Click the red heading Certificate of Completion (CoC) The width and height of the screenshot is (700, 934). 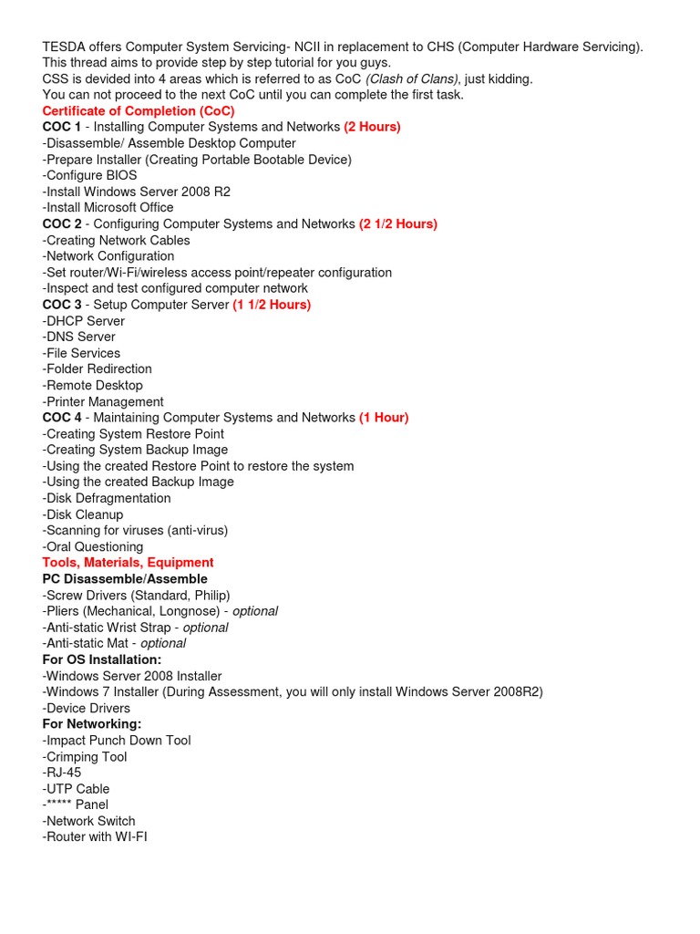click(x=139, y=111)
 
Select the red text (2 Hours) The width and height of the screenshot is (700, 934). click(x=372, y=127)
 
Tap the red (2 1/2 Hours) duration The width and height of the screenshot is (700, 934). click(x=398, y=223)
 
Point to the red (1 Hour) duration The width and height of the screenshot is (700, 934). click(x=384, y=418)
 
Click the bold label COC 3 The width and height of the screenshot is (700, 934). click(x=62, y=305)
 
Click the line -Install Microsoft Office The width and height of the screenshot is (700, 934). click(x=108, y=208)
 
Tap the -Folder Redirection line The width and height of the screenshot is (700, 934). click(x=97, y=369)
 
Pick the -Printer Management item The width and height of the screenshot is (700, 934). click(x=103, y=401)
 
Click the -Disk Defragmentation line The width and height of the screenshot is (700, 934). click(x=107, y=498)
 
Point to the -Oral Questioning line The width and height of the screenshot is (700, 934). click(x=93, y=546)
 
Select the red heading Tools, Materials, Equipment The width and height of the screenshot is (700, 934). click(x=128, y=563)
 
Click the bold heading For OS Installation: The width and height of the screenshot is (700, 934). click(x=102, y=659)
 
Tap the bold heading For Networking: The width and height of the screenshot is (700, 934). click(x=92, y=724)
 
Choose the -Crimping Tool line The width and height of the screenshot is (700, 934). click(x=85, y=757)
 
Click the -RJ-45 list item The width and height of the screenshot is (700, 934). click(x=62, y=773)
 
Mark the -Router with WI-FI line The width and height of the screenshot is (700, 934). click(x=95, y=836)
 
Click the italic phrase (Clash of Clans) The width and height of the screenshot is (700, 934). click(x=412, y=79)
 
